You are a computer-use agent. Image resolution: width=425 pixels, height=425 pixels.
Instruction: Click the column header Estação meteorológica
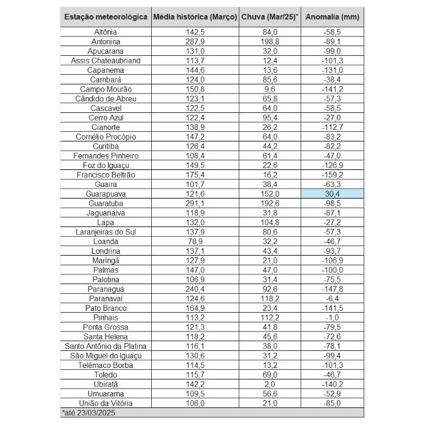pos(106,18)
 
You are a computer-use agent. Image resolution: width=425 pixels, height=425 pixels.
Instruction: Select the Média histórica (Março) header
pos(195,18)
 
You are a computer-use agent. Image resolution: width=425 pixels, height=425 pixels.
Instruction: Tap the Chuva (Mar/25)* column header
pos(270,18)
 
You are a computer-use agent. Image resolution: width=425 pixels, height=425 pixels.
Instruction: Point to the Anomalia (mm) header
pos(332,18)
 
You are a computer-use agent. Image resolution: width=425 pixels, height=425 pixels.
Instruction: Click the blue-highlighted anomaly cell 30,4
pos(332,194)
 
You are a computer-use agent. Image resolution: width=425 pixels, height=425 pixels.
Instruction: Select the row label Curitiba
pos(106,146)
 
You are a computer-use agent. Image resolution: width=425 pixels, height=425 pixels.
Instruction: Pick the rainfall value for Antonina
pos(270,42)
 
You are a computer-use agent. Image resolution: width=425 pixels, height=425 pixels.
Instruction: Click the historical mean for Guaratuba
pos(195,203)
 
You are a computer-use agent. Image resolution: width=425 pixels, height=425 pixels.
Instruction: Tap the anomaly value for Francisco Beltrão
pos(332,175)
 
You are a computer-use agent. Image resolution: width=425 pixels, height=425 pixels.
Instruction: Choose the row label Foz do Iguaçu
pos(106,165)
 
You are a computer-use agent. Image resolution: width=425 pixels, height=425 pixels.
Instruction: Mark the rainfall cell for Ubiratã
pos(270,384)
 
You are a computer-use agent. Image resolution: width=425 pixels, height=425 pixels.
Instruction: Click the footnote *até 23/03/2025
pos(89,413)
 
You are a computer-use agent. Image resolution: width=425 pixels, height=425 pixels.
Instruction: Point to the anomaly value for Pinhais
pos(332,318)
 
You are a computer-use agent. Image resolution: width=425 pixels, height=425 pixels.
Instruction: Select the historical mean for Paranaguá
pos(195,289)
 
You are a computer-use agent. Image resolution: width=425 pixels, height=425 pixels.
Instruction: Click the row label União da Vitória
pos(106,403)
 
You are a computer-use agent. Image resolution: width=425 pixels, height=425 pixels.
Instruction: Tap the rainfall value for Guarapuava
pos(270,194)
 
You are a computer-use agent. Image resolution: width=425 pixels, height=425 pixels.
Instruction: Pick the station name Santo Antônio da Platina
pos(106,346)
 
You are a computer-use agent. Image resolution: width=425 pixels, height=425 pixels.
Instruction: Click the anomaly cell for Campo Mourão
pos(332,89)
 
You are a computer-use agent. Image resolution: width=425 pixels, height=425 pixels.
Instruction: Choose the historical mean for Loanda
pos(195,241)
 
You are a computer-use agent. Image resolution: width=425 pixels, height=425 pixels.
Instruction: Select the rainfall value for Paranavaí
pos(270,299)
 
